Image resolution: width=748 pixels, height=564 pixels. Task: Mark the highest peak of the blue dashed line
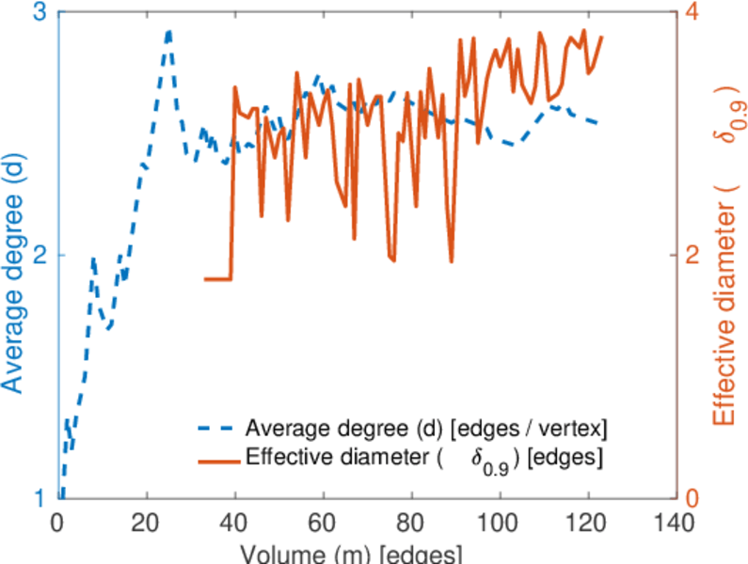tap(168, 31)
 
